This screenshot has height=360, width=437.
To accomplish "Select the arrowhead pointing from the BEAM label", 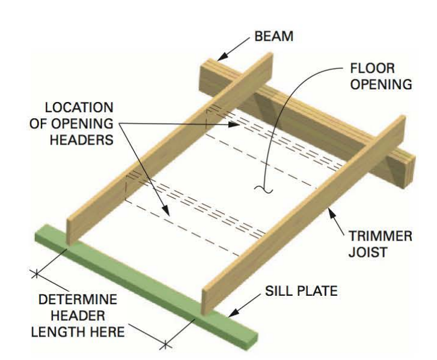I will pyautogui.click(x=220, y=58).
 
